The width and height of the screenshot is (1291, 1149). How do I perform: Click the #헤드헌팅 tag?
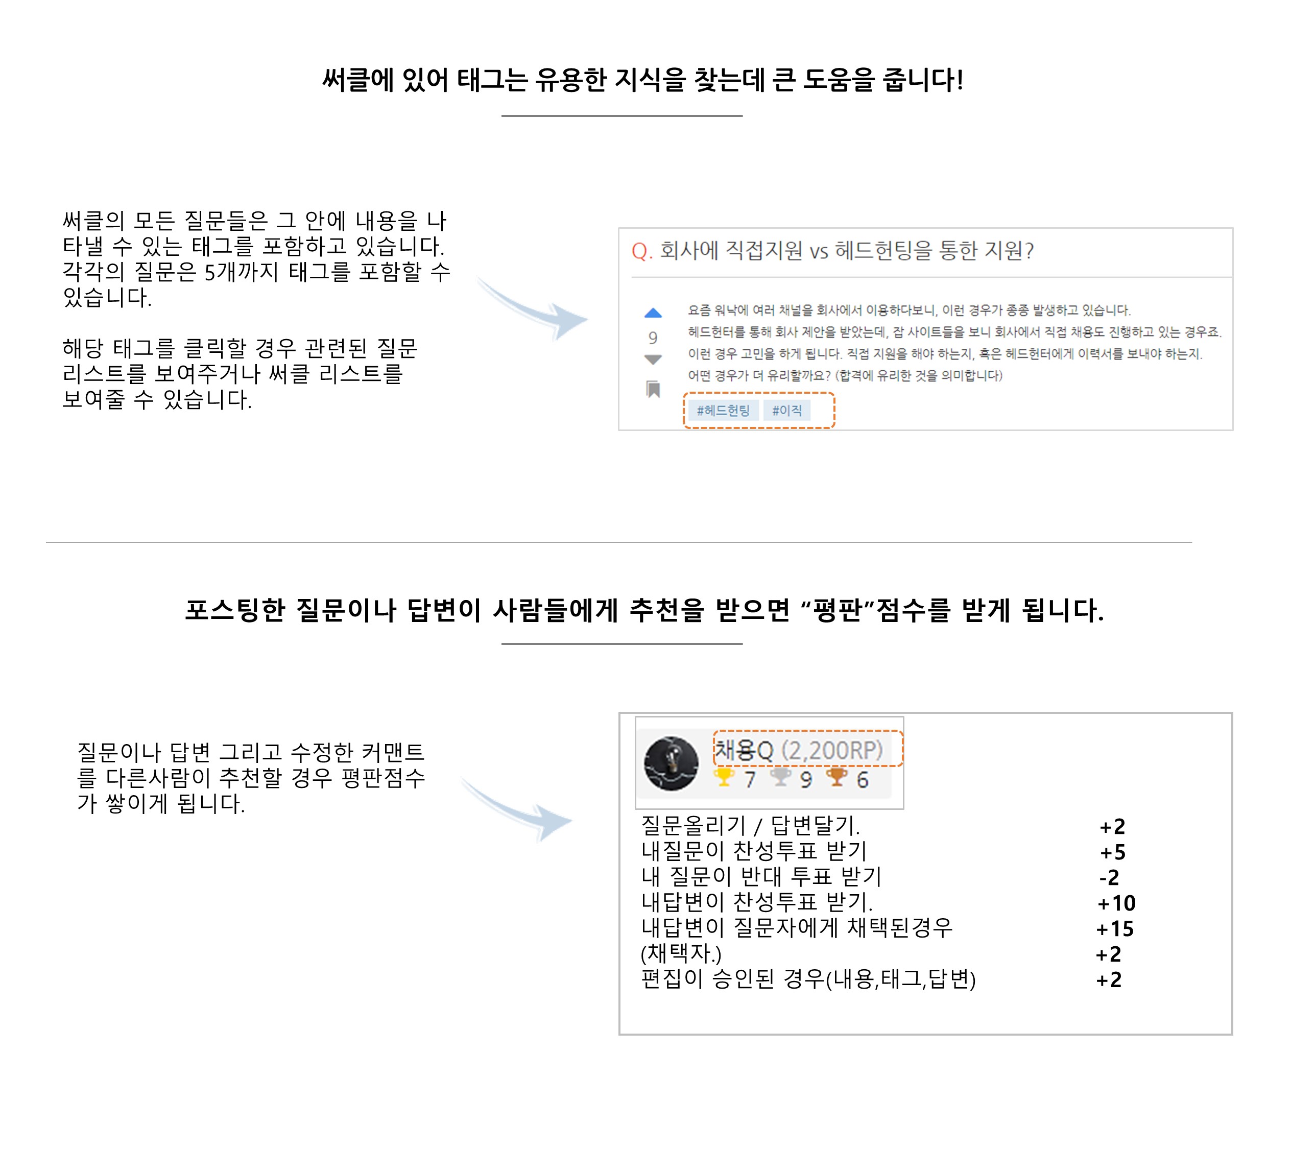(723, 411)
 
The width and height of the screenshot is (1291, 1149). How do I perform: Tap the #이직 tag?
(787, 411)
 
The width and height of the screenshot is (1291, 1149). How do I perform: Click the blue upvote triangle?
(653, 313)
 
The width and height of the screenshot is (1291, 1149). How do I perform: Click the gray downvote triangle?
(653, 360)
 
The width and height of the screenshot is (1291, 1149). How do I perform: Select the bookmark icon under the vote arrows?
(653, 389)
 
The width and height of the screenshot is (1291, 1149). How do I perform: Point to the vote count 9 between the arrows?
(653, 338)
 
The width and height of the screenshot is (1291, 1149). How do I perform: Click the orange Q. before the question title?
(642, 251)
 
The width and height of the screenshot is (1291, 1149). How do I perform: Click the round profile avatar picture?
(671, 763)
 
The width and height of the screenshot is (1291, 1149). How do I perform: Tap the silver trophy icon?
(781, 777)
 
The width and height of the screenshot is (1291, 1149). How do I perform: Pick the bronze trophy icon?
(837, 777)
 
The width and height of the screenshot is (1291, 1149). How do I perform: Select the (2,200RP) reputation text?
(832, 750)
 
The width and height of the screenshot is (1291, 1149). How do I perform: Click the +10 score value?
(1117, 903)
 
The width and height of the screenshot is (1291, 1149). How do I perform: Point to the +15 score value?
(1115, 928)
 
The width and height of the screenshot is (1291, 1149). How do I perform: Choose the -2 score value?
(1109, 877)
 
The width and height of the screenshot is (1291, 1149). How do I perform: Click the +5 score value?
(1113, 852)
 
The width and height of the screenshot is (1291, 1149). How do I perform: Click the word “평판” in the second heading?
(839, 610)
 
